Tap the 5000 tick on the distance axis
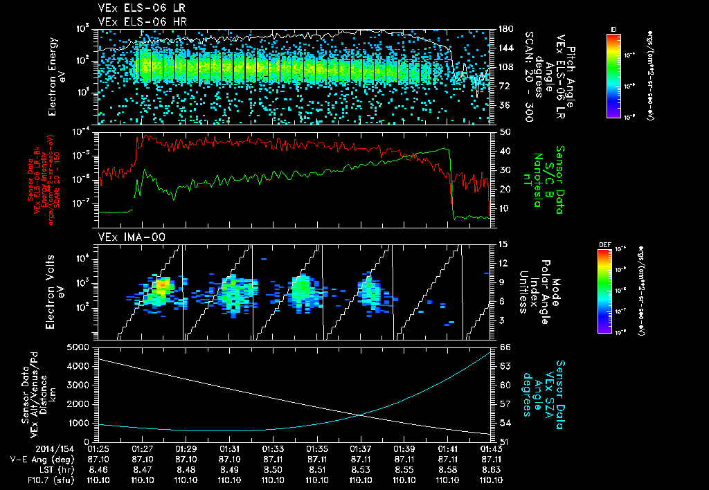point(80,346)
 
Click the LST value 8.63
point(491,469)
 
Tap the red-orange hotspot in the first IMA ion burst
point(161,284)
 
